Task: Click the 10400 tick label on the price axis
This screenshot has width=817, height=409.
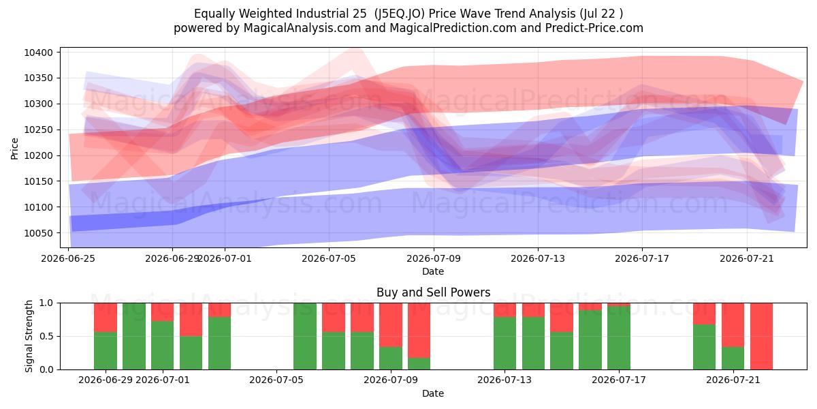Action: tap(39, 52)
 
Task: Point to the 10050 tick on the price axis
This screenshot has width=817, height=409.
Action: tap(39, 233)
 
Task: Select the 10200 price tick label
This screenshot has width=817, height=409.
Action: tap(39, 155)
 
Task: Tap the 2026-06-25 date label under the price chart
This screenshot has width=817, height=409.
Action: tap(68, 258)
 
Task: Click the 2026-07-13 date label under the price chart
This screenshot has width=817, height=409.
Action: tap(538, 258)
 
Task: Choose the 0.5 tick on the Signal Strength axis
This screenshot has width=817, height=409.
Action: tap(47, 336)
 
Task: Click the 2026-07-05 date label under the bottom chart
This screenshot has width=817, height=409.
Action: tap(276, 380)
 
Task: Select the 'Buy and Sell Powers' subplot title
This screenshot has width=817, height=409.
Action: tap(433, 292)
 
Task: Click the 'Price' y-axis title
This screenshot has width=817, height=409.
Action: tap(14, 149)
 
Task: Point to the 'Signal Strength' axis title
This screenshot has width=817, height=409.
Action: tap(29, 336)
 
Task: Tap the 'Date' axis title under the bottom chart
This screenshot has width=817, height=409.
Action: tap(433, 393)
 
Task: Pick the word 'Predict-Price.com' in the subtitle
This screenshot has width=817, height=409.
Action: tap(594, 28)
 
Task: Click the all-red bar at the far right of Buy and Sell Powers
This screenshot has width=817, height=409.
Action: tap(762, 336)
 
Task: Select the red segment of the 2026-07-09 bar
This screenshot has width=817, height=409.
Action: tap(391, 324)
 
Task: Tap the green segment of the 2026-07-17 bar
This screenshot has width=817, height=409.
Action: tap(619, 338)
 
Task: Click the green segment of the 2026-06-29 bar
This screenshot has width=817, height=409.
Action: tap(106, 350)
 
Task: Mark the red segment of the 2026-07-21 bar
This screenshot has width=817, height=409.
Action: tap(733, 324)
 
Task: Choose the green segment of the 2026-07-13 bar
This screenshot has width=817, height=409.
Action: tap(504, 343)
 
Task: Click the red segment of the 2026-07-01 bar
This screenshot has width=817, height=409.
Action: tap(163, 312)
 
